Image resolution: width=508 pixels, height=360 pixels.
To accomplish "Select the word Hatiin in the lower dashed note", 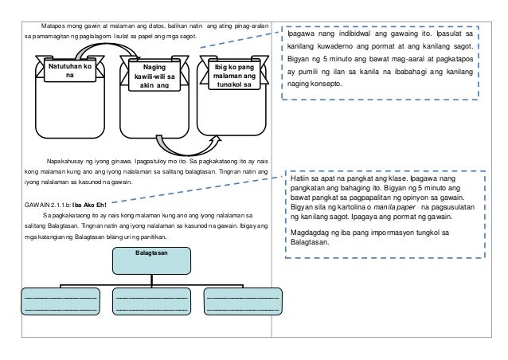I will [301, 180].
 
